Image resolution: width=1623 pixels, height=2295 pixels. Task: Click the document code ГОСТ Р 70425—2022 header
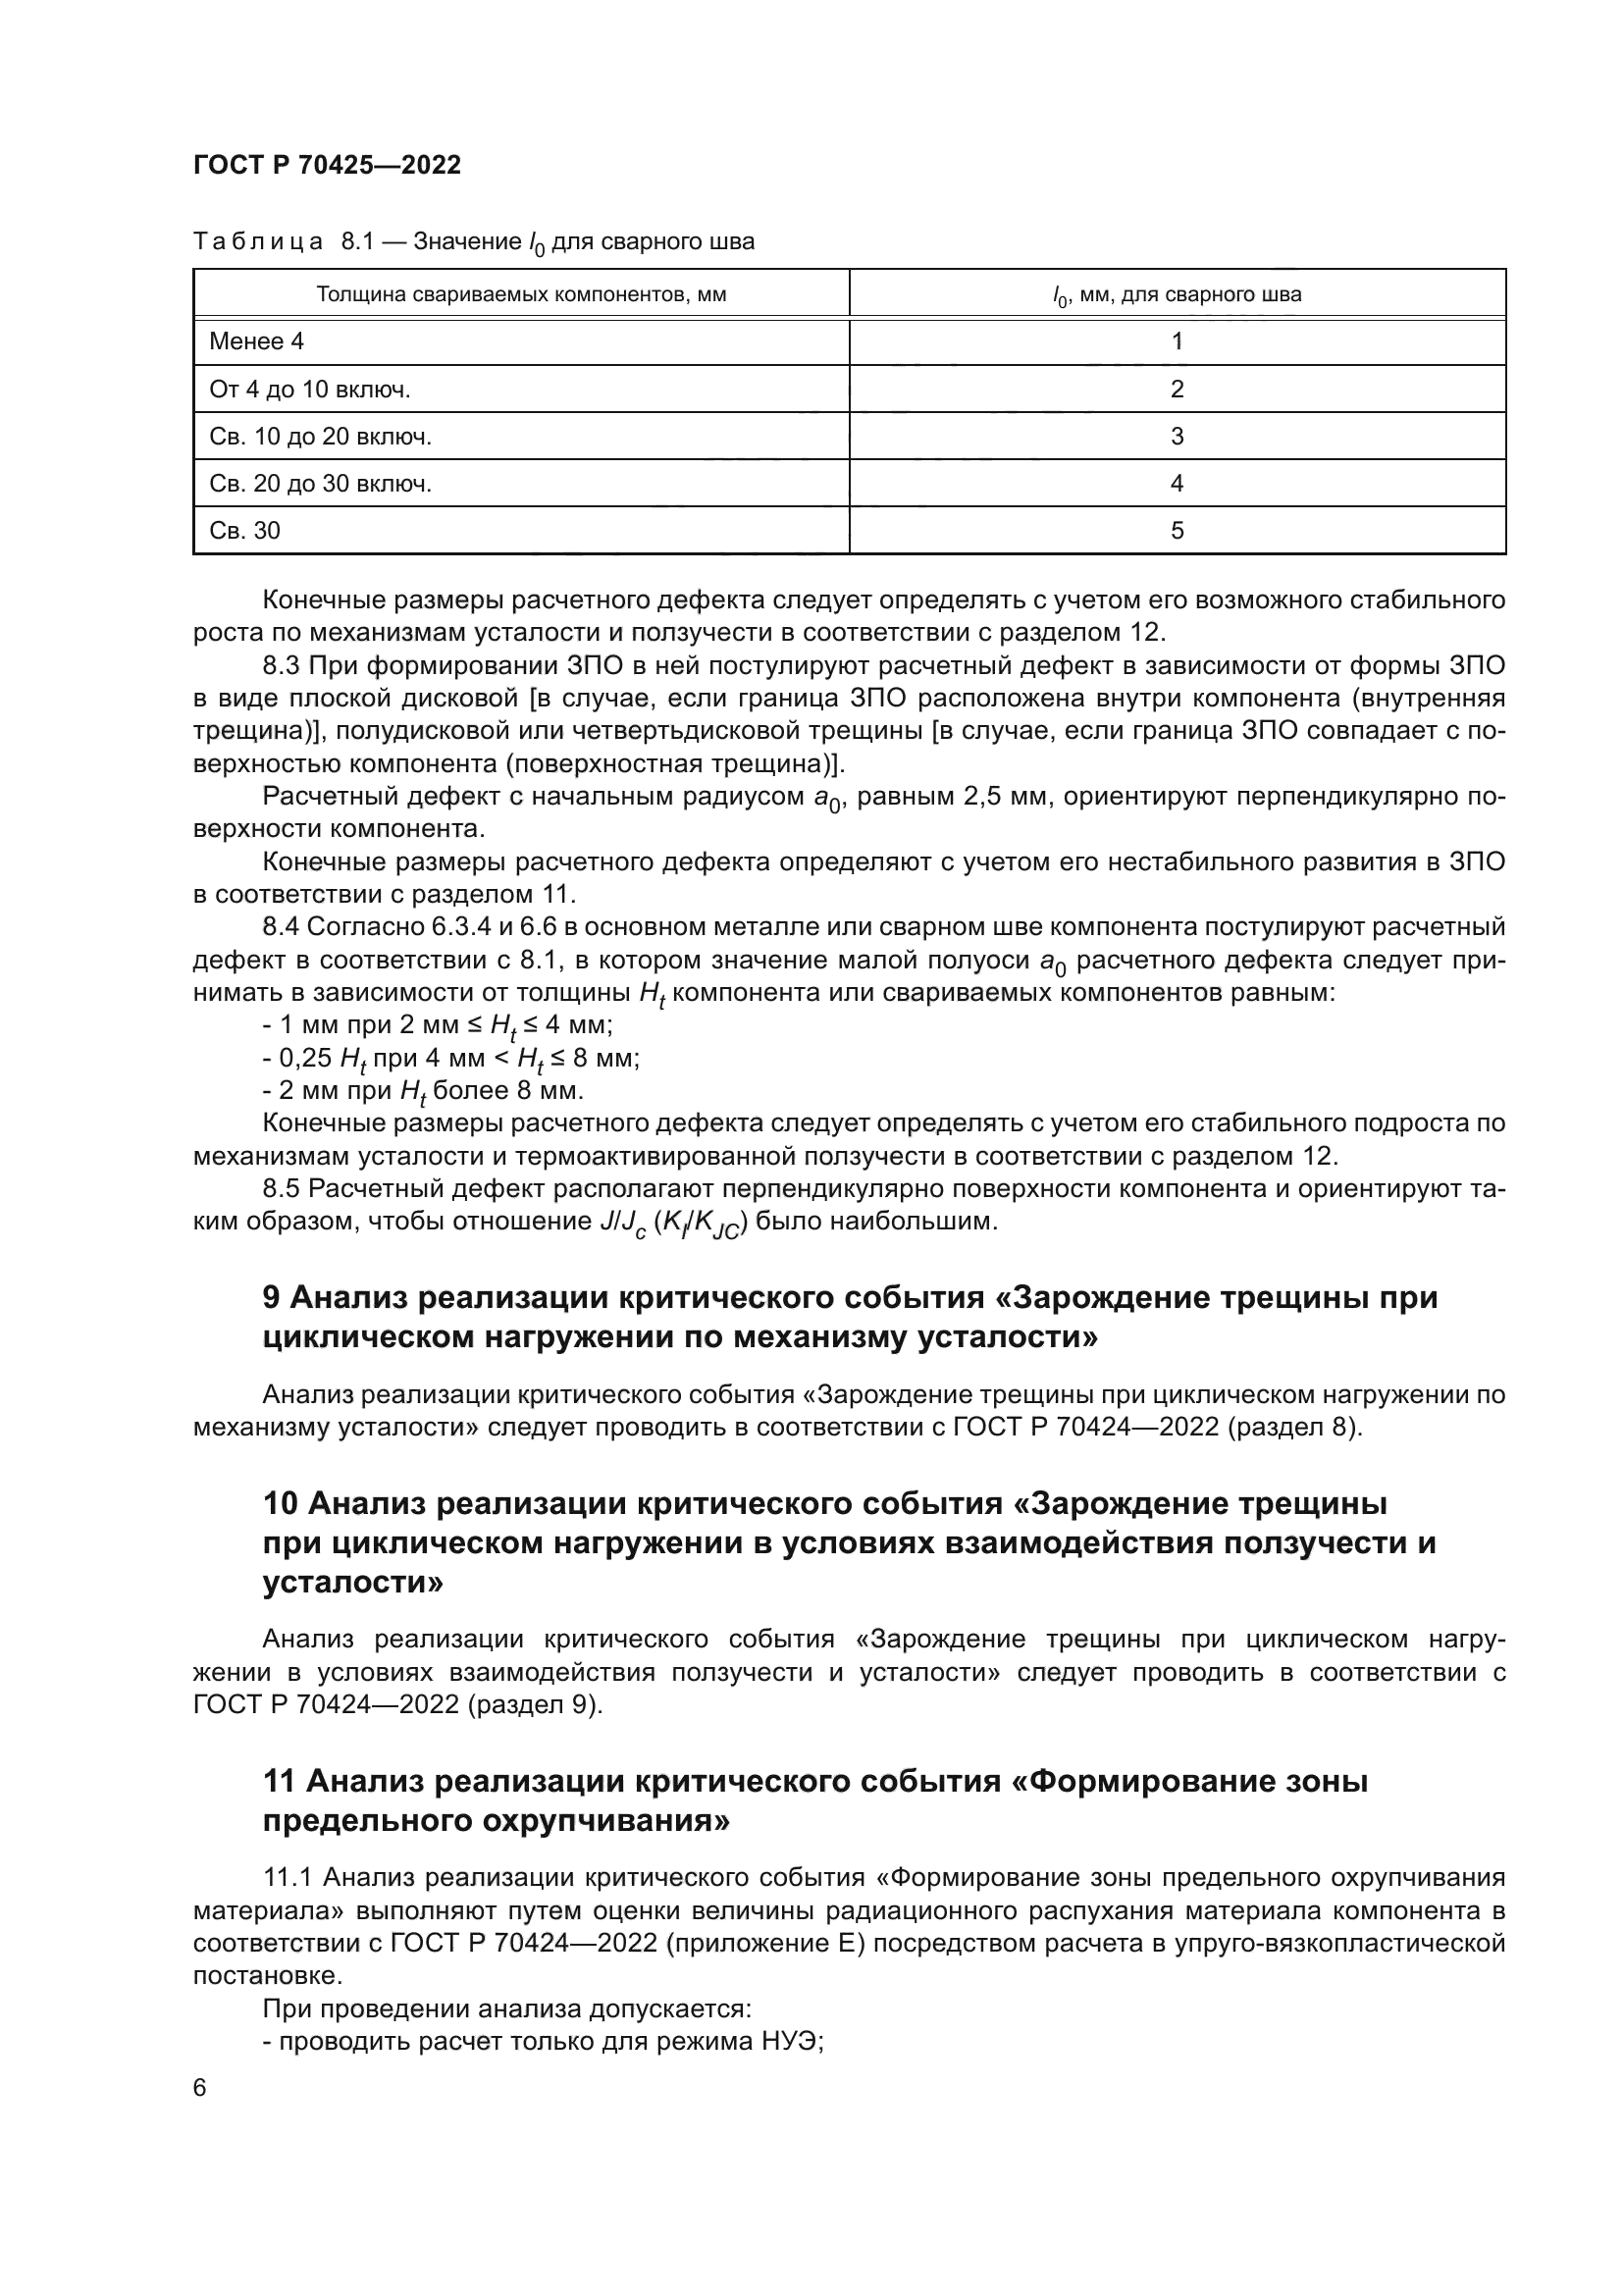[x=327, y=166]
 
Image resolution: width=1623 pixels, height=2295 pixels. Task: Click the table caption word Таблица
[x=258, y=242]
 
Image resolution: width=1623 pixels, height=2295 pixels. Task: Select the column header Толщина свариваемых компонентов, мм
[x=521, y=295]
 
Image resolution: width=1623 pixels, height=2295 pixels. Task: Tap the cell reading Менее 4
[x=257, y=341]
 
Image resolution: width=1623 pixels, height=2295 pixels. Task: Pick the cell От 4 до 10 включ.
[x=310, y=390]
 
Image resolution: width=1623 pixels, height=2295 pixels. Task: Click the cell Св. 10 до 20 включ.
[x=320, y=437]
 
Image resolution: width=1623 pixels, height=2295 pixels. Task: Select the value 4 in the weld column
[x=1177, y=484]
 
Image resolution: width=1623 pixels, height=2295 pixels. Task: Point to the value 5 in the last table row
[x=1177, y=531]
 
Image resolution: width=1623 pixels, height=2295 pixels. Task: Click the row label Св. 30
[x=245, y=531]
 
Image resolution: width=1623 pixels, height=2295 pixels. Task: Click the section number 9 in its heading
[x=272, y=1298]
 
